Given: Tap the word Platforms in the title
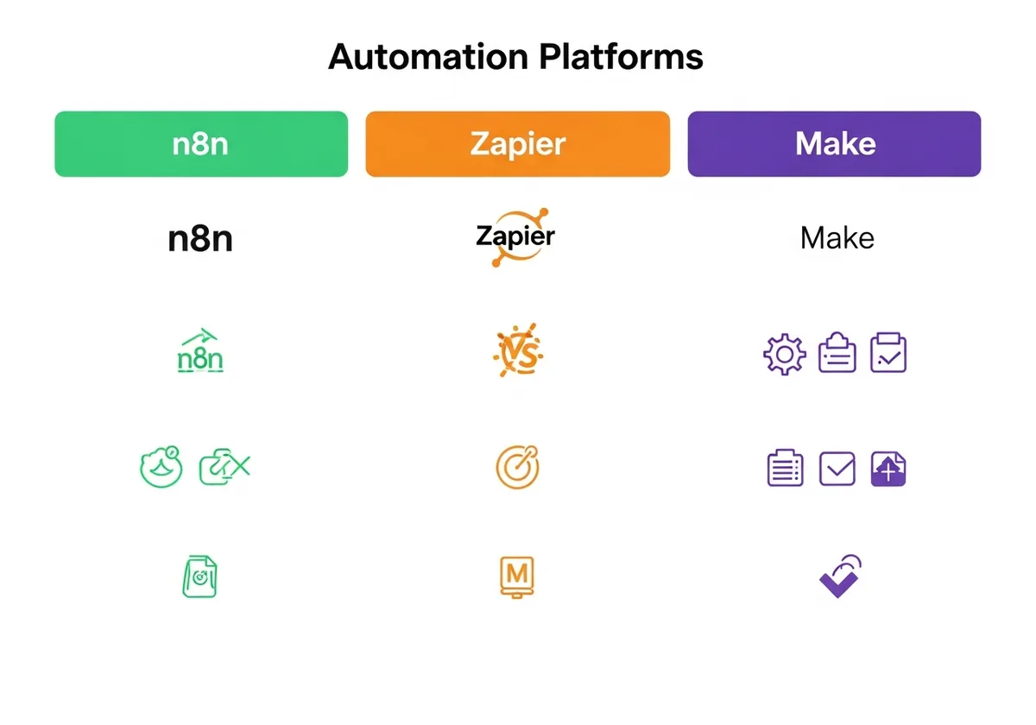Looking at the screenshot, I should [x=622, y=57].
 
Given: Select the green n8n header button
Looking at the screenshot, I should [x=201, y=144].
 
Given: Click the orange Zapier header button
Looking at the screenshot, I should [x=517, y=144].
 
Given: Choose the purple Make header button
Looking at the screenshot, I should [x=834, y=144].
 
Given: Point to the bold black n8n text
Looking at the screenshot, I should [x=200, y=238].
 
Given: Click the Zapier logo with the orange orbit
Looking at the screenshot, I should [x=516, y=236].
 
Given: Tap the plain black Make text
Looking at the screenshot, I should [x=837, y=238].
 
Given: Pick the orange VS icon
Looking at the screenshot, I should [x=517, y=353].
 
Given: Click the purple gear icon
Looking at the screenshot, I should [x=784, y=354].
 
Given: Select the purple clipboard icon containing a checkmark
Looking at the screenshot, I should [x=888, y=353].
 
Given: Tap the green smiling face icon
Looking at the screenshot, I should [x=161, y=467].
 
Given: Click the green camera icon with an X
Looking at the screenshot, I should [x=224, y=468].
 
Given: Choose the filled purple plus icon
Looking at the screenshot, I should [x=888, y=469].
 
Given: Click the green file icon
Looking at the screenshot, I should [x=199, y=576].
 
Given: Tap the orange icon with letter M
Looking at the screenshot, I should [x=517, y=576].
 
